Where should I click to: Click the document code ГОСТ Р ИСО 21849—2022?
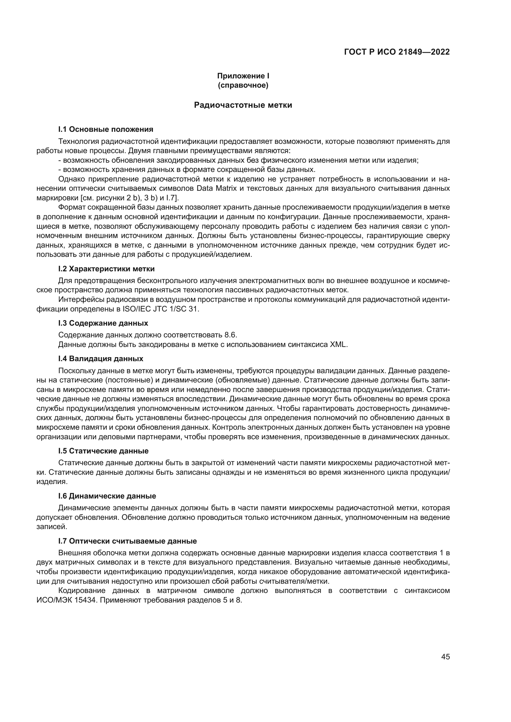click(x=397, y=52)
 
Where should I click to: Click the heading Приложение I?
click(x=243, y=76)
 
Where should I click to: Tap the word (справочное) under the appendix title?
click(x=243, y=85)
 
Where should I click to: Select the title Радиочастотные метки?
click(x=243, y=105)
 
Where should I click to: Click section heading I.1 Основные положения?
click(x=106, y=129)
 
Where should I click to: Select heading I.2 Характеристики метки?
click(x=106, y=269)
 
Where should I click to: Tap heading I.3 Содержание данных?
click(x=103, y=323)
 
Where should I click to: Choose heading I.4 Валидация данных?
click(x=101, y=358)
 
